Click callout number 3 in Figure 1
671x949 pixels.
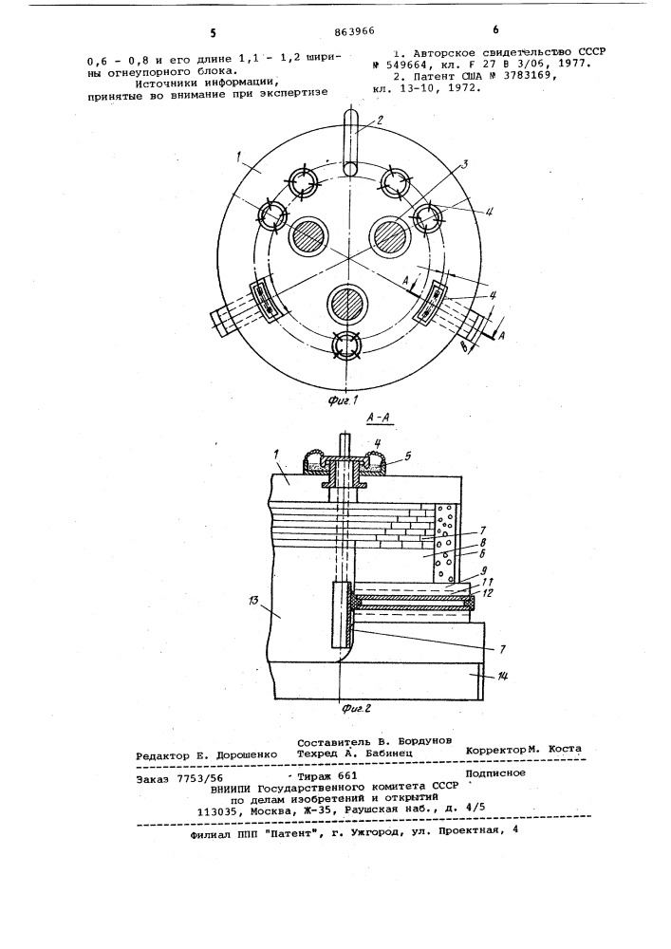click(463, 164)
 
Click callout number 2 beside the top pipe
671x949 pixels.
click(380, 120)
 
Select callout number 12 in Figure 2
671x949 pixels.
click(487, 592)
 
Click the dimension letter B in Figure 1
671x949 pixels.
click(463, 347)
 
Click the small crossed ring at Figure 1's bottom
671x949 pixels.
click(346, 345)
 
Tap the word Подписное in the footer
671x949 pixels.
click(495, 772)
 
